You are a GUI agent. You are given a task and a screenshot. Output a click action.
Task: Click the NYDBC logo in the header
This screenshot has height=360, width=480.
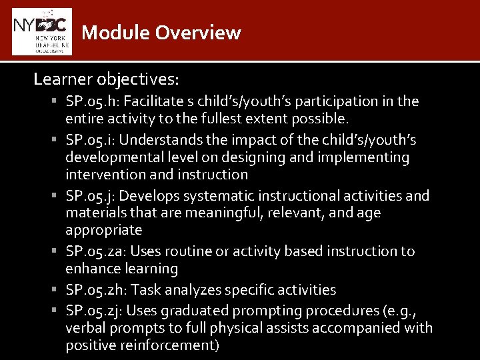click(x=41, y=31)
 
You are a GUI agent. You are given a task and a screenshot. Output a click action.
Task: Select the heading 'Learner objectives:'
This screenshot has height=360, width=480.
click(x=106, y=79)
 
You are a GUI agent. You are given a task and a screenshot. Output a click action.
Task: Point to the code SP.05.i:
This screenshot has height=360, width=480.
click(x=89, y=140)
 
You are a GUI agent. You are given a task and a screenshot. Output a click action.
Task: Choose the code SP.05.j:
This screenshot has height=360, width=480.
click(x=89, y=196)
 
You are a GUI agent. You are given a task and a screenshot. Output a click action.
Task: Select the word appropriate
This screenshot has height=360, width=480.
click(x=103, y=231)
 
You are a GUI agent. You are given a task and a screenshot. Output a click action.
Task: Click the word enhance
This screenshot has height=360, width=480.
click(x=90, y=269)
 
